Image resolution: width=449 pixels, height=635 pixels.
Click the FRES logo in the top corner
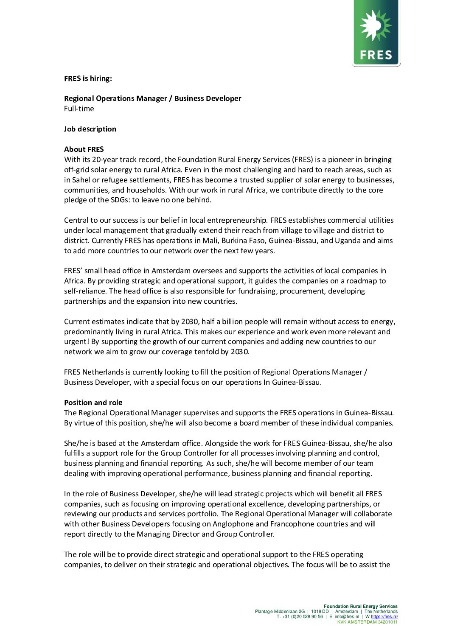(x=376, y=33)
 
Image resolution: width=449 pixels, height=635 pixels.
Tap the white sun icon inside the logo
(x=376, y=26)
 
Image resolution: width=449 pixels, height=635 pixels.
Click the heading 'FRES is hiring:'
(x=88, y=78)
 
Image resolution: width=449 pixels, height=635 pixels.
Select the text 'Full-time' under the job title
(x=79, y=109)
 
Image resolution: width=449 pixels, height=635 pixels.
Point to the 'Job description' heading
(x=90, y=129)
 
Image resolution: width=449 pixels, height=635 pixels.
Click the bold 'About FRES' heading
(x=84, y=149)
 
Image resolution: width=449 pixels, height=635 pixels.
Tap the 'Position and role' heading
(x=93, y=403)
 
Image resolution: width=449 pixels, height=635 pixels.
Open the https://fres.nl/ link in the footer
(x=384, y=617)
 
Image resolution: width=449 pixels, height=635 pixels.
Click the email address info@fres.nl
(x=347, y=617)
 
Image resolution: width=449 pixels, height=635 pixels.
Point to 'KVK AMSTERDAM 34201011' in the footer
(x=367, y=622)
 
